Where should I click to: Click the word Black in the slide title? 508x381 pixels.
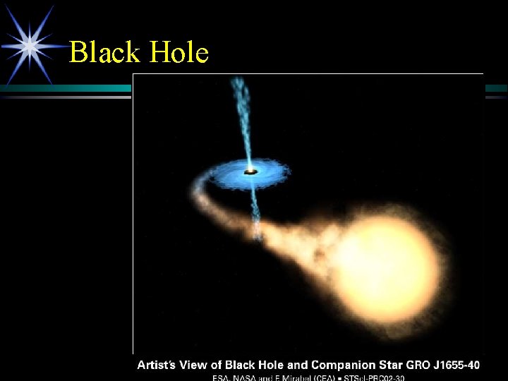point(104,53)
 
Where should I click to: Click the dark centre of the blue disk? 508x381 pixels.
point(249,171)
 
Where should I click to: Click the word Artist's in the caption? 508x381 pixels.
point(159,365)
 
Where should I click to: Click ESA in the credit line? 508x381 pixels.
point(224,377)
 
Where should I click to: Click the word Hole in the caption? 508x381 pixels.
point(276,365)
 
